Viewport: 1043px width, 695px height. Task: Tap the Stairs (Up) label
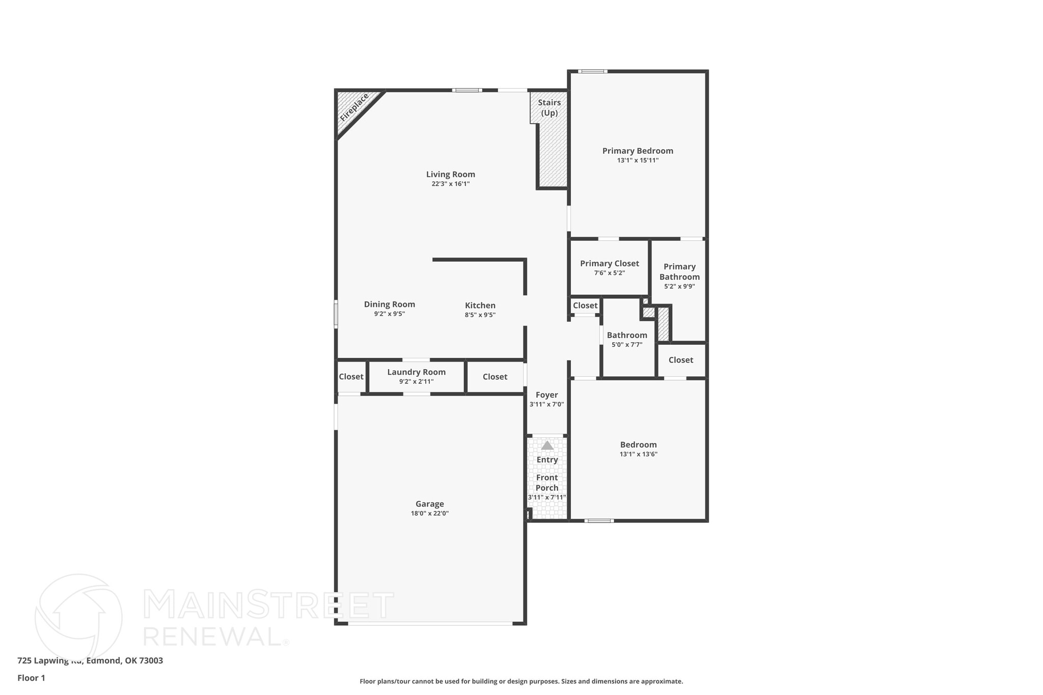click(x=549, y=107)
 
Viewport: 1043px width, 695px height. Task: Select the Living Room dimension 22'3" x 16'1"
click(x=450, y=184)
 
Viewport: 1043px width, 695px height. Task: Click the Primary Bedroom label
click(x=638, y=151)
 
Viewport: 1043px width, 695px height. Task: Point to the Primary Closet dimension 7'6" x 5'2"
click(x=609, y=273)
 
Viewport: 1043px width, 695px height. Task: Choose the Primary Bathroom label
click(x=679, y=271)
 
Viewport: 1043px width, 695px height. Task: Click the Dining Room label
click(x=389, y=304)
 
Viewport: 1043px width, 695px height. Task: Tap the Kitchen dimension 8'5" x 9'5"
click(x=480, y=315)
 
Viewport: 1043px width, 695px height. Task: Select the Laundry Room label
click(x=416, y=372)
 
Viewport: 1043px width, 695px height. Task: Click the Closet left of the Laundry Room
click(x=351, y=377)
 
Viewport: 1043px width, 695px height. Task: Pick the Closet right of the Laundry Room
click(x=495, y=377)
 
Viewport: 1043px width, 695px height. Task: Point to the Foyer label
click(x=546, y=395)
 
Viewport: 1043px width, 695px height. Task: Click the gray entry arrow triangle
click(x=547, y=446)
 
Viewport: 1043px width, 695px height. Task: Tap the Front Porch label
click(x=546, y=482)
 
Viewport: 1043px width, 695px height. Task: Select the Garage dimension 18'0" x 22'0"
click(x=429, y=513)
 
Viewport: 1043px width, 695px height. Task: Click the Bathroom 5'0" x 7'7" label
click(x=627, y=335)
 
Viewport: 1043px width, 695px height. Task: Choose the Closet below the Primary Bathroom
click(x=680, y=360)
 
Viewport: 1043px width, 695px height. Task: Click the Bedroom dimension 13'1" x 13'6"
click(x=638, y=454)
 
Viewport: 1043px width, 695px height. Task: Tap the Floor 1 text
click(x=31, y=678)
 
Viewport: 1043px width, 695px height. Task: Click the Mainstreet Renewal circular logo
click(x=78, y=617)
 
